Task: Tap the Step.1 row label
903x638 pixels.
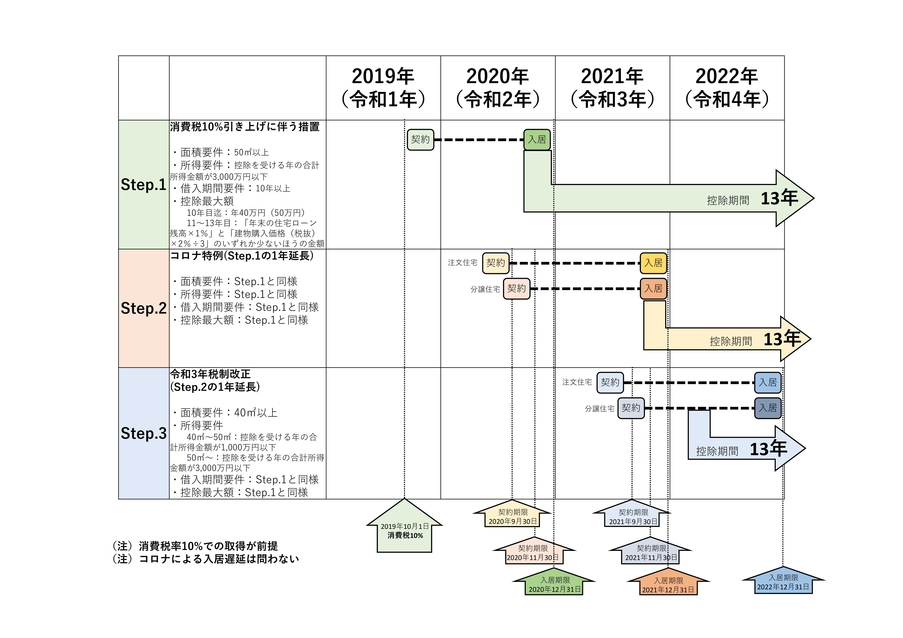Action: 144,185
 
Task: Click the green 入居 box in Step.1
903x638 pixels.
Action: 537,140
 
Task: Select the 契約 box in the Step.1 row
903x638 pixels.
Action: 420,140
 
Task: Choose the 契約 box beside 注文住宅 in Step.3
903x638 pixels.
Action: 610,382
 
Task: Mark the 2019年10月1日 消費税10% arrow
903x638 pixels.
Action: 404,531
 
